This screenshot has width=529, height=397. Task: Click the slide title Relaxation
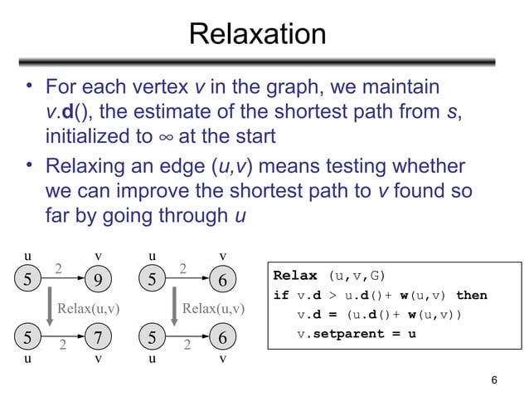point(257,35)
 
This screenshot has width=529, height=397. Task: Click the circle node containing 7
point(98,338)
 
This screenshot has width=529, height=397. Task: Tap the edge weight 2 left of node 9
point(58,267)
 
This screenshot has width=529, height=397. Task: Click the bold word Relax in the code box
point(295,276)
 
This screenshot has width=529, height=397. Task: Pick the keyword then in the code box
point(471,295)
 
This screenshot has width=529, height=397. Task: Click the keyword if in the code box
point(280,295)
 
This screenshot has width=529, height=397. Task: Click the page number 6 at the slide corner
point(495,380)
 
